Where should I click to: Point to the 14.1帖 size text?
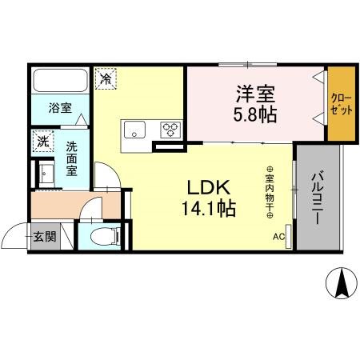210,210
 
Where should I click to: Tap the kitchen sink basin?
134,129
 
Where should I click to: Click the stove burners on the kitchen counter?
170,128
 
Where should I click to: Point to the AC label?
278,236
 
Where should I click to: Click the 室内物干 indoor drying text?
270,192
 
